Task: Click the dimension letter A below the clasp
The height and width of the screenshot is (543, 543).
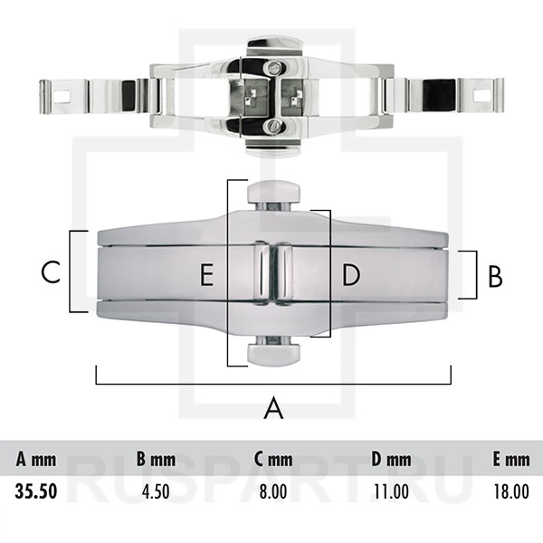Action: point(273,408)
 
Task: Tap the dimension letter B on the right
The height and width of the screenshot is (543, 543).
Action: point(494,275)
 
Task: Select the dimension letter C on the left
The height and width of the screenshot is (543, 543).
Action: point(51,271)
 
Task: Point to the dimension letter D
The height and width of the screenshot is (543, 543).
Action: point(351,275)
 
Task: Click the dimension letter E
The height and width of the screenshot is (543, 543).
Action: point(207,275)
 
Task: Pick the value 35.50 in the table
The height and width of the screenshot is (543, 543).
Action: point(36,491)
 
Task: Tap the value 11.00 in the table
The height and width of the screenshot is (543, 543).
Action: point(391,491)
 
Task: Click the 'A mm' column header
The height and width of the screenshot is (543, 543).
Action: point(36,460)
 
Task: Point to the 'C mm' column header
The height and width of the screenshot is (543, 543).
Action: point(272,460)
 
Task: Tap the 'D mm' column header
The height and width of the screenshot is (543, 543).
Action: point(391,460)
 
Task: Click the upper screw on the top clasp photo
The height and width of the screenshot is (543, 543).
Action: point(271,67)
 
